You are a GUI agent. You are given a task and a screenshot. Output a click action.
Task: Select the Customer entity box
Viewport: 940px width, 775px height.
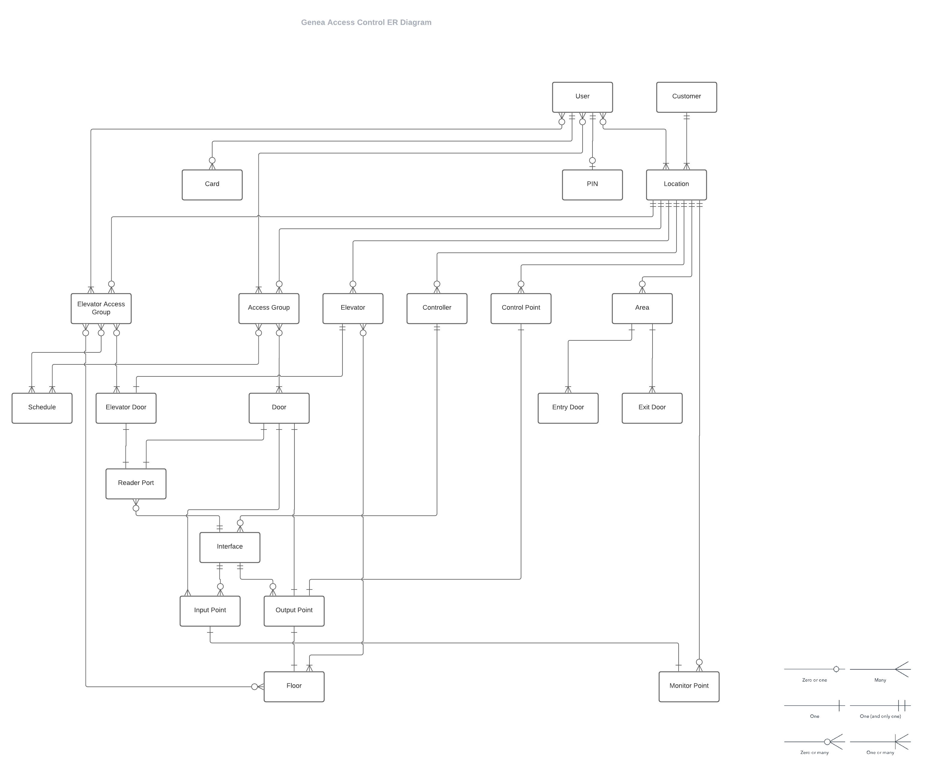click(686, 97)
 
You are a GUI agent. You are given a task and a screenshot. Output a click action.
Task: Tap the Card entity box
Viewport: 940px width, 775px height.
click(212, 184)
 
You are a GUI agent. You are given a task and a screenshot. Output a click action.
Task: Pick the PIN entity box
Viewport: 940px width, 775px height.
click(592, 184)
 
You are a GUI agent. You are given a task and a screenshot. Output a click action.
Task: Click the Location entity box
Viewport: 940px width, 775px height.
click(676, 184)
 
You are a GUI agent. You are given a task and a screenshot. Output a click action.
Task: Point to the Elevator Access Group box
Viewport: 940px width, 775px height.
click(101, 308)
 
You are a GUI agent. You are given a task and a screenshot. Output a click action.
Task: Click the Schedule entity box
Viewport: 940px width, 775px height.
click(42, 408)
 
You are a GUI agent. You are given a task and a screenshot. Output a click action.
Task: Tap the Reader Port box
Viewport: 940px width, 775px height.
click(136, 484)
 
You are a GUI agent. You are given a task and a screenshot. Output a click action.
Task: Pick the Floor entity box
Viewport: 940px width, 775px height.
click(294, 686)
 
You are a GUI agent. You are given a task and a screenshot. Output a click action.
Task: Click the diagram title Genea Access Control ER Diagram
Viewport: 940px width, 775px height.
click(366, 22)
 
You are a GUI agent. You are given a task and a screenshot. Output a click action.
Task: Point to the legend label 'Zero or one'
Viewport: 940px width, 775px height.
click(814, 680)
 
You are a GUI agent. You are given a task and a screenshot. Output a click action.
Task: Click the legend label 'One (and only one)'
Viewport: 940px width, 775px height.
click(880, 716)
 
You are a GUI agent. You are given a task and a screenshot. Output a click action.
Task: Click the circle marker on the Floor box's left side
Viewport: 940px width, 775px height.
click(255, 687)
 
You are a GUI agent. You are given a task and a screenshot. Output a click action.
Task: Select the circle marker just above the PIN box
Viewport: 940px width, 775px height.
click(592, 160)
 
